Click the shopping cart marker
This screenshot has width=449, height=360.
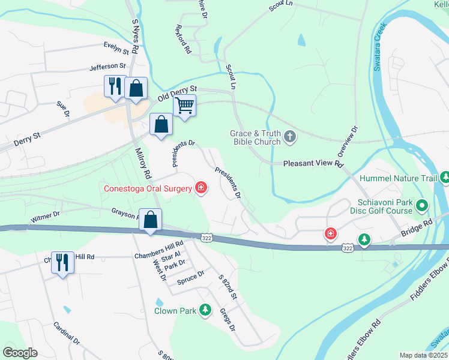click(185, 106)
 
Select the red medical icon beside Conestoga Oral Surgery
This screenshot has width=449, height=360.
click(201, 189)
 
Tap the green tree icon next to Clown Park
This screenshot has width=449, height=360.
click(206, 310)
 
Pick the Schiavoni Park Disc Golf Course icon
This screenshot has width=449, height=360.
click(422, 206)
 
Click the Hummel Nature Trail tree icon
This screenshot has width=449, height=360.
click(445, 178)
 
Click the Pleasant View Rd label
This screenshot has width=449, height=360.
click(313, 163)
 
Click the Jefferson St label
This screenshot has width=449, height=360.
click(108, 66)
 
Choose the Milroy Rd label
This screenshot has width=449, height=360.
click(142, 163)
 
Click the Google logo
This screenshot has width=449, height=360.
click(20, 352)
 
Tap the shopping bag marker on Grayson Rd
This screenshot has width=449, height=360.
click(150, 220)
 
